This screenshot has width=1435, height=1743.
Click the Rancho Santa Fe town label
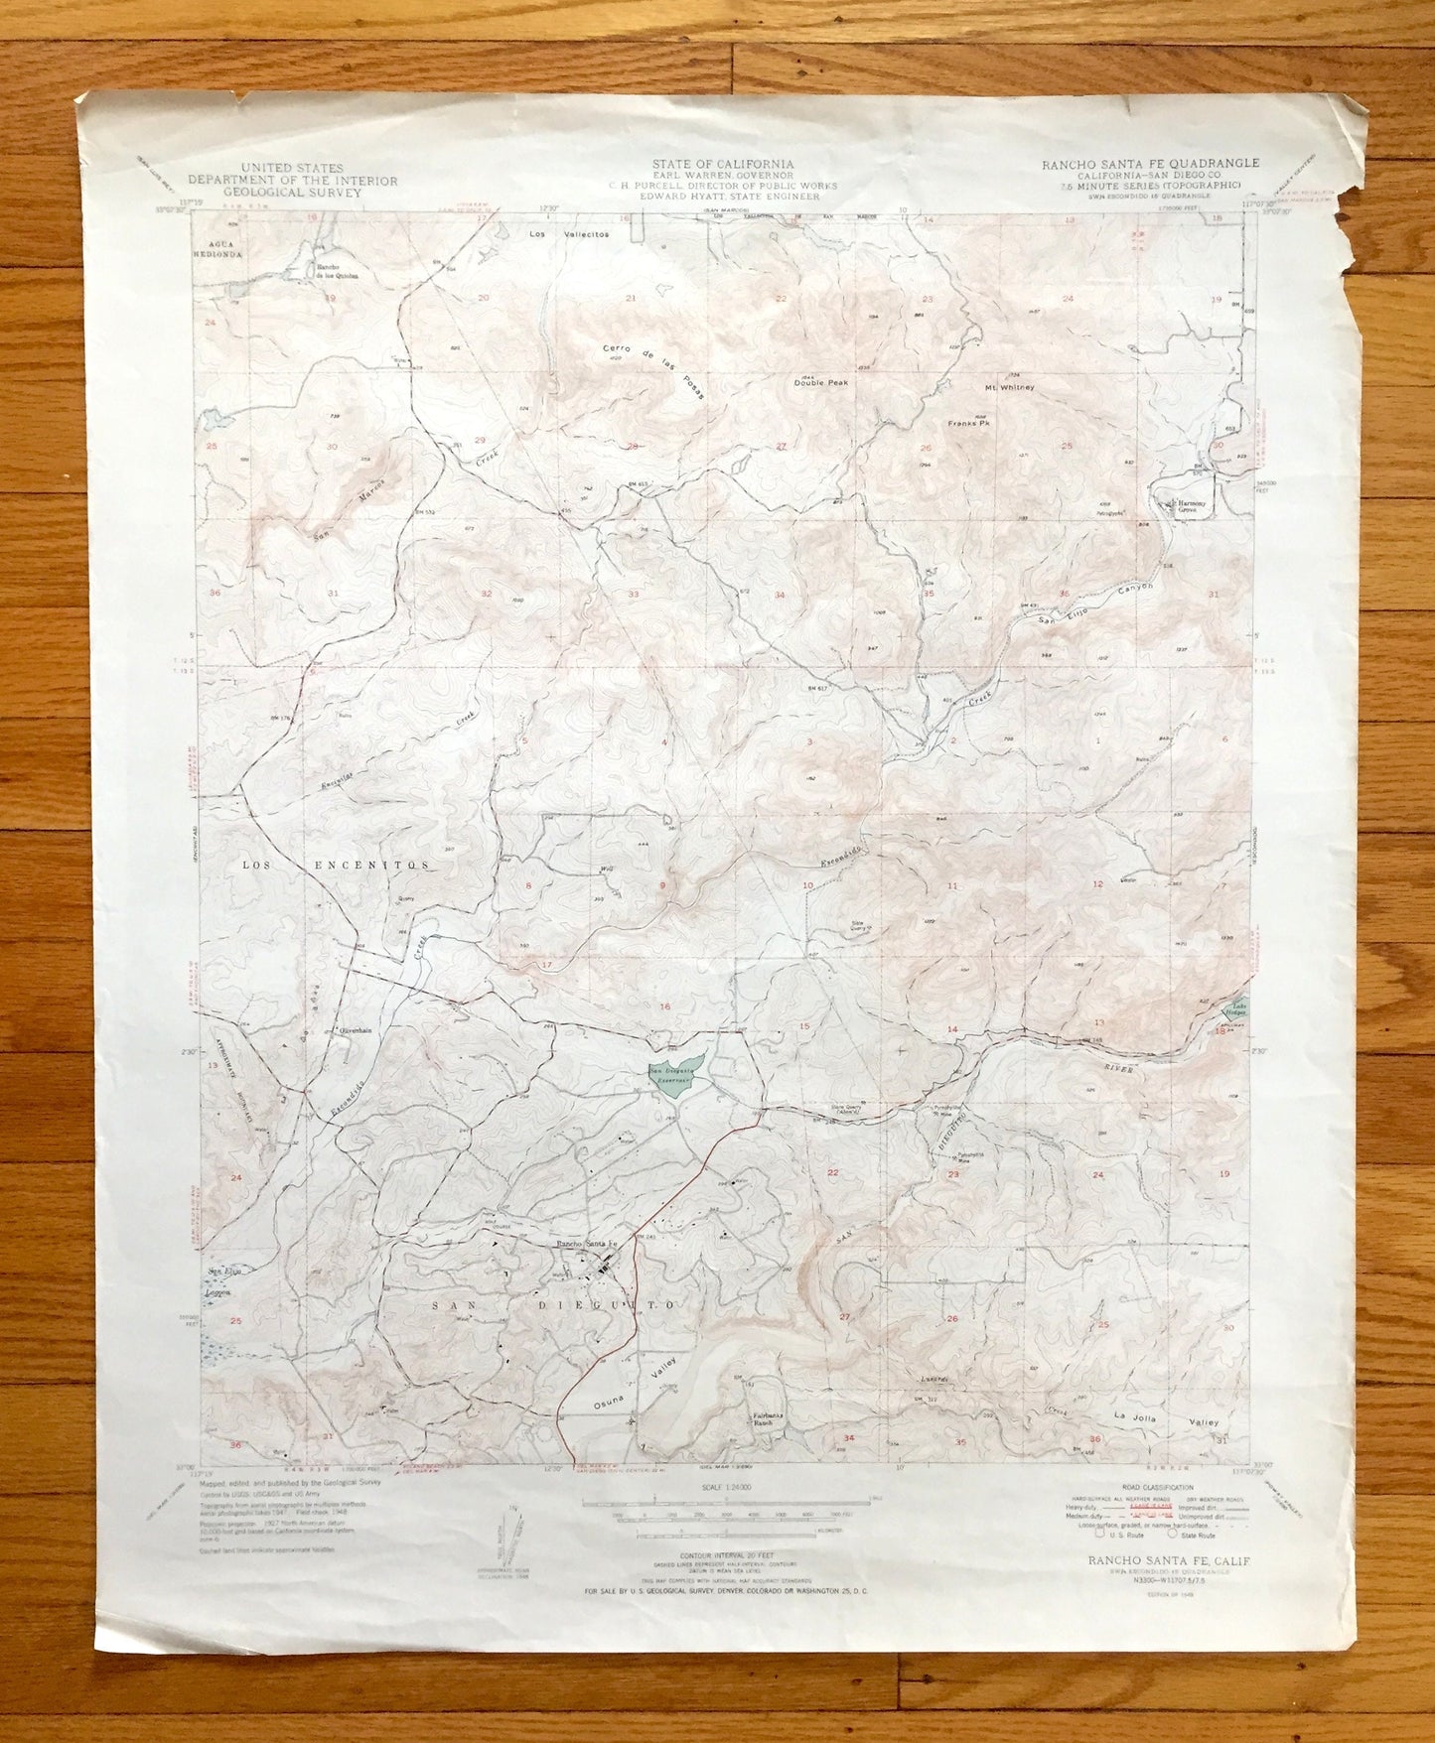point(586,1244)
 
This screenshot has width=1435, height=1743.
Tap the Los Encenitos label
point(338,865)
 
